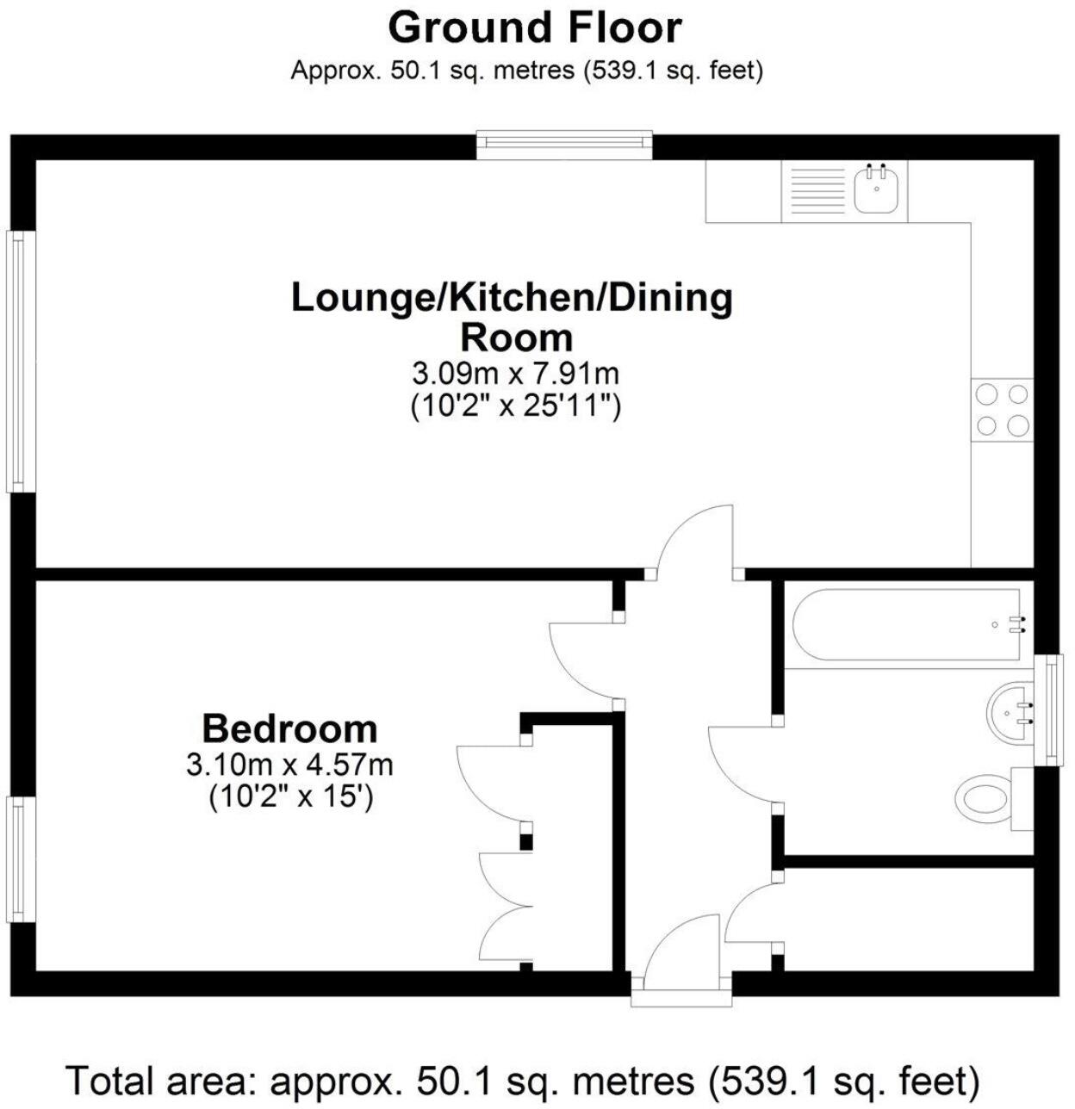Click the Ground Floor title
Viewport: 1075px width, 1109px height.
click(535, 28)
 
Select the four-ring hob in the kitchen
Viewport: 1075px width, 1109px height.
click(1003, 410)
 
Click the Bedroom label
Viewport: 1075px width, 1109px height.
click(289, 729)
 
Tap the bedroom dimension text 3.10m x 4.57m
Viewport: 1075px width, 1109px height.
click(289, 765)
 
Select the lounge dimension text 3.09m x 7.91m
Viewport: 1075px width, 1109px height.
click(515, 374)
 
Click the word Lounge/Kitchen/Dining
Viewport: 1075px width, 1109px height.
click(512, 298)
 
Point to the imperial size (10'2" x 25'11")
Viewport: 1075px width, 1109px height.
click(515, 405)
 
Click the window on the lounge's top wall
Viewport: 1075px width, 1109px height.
click(564, 145)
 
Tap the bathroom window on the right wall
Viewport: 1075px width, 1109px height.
click(1049, 710)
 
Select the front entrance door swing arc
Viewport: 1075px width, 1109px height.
click(680, 947)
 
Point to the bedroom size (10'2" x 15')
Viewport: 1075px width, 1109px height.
click(290, 797)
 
